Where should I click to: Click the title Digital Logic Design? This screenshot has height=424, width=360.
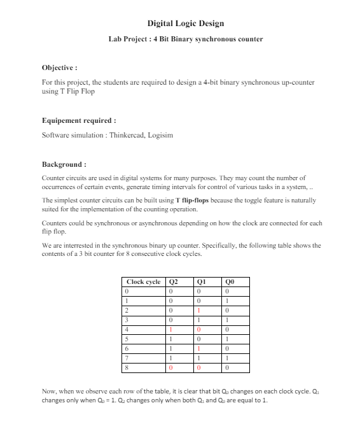[185, 24]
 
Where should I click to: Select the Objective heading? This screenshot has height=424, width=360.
[59, 67]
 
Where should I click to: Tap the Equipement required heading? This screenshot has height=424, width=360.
[79, 120]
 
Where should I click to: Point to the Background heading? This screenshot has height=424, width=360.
[64, 164]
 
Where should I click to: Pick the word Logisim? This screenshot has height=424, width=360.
[160, 135]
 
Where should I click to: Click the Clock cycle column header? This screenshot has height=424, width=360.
[143, 281]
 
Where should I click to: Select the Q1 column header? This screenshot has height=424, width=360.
[201, 281]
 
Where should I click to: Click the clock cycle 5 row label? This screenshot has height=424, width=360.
[128, 339]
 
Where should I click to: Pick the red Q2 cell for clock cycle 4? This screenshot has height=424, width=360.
[171, 329]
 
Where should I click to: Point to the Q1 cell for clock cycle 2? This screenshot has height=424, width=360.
[199, 310]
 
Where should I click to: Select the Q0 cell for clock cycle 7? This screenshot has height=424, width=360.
[227, 358]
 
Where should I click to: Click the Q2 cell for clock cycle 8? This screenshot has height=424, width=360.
[171, 367]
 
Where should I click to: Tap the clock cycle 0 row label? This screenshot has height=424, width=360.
[128, 291]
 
